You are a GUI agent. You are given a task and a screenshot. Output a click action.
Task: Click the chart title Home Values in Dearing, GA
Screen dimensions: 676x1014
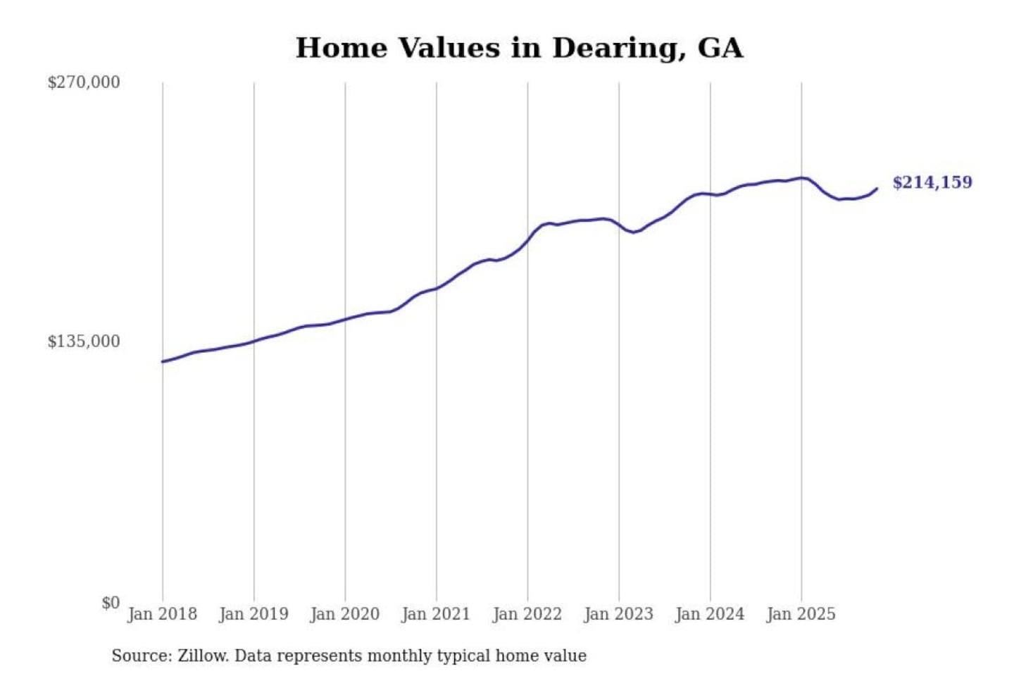coord(519,48)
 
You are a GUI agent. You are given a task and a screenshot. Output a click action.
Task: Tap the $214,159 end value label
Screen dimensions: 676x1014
coord(932,182)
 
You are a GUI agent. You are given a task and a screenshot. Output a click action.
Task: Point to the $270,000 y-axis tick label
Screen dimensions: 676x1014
coord(84,82)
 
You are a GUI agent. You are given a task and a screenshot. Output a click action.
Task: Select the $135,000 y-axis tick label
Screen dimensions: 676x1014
coord(84,342)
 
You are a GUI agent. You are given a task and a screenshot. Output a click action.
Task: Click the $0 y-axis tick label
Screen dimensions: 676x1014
coord(111,603)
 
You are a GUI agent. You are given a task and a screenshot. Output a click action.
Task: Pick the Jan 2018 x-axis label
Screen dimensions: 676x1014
coord(162,614)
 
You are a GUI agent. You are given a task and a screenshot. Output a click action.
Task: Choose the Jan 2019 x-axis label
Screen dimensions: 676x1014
coord(254,614)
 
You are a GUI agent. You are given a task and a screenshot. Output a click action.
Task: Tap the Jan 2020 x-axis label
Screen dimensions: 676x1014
coord(344,614)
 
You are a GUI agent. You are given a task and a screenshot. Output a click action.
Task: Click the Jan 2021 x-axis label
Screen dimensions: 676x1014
coord(436,614)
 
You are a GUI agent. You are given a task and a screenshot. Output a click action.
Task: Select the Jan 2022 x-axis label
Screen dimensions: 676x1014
coord(527,614)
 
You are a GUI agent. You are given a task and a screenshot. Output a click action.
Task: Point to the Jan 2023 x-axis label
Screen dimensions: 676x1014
coord(618,614)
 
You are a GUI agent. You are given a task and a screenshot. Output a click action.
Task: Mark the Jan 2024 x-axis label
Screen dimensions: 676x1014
coord(710,614)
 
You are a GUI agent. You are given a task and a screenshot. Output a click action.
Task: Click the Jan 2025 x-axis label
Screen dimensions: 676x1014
coord(801,614)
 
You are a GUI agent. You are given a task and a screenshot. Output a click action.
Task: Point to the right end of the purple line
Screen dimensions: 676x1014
coord(877,189)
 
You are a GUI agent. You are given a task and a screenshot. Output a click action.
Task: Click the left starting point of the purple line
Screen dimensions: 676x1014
coord(163,362)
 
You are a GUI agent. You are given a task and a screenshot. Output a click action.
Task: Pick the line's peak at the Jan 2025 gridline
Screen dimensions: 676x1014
coord(801,178)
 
